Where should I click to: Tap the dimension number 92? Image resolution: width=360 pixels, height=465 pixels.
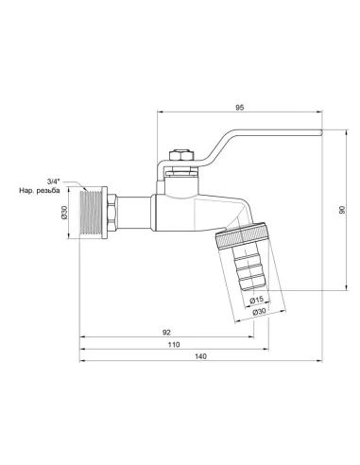point(166,332)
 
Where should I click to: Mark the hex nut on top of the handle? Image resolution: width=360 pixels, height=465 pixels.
point(176,152)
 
